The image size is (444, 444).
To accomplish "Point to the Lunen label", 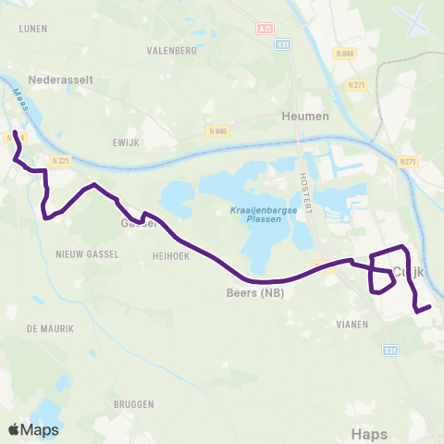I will point(32,29).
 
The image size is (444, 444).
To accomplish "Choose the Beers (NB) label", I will point(254,293).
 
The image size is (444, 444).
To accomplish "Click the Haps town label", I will point(370,432).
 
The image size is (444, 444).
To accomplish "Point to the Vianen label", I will point(353,325).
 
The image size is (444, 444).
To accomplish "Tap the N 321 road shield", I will point(61,161).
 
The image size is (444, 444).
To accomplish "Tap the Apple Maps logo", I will point(33,429).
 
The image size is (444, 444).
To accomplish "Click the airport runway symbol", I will point(408,18).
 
